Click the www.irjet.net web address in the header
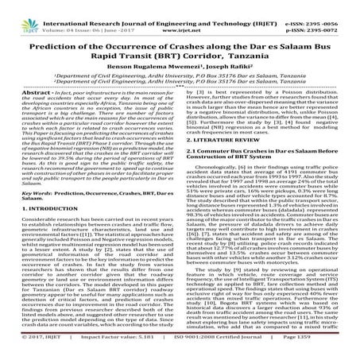tap(181, 14)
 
